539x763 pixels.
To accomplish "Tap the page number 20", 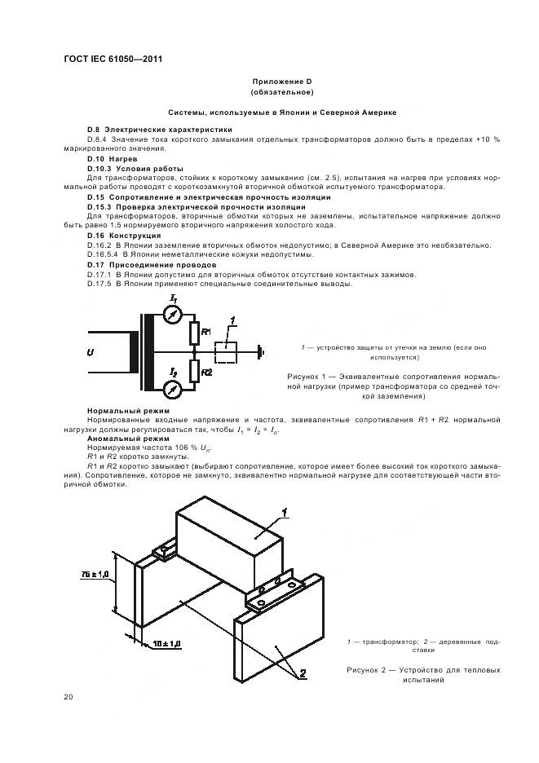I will pyautogui.click(x=68, y=696).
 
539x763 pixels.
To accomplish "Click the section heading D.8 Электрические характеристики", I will pyautogui.click(x=159, y=130).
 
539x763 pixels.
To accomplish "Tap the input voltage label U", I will pyautogui.click(x=91, y=353).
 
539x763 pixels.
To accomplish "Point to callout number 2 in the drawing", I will pyautogui.click(x=302, y=673).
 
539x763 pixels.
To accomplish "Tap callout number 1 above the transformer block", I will pyautogui.click(x=286, y=513).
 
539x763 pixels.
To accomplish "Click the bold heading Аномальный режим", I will pyautogui.click(x=121, y=439).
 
